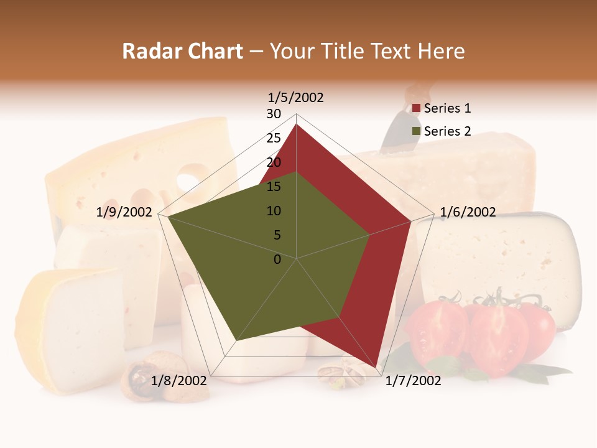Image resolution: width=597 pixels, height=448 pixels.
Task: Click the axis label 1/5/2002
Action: tap(295, 98)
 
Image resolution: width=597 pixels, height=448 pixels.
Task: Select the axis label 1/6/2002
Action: tap(468, 212)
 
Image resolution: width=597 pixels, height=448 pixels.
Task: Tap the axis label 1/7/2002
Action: tap(413, 381)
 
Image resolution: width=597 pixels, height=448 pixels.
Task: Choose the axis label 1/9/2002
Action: tap(124, 212)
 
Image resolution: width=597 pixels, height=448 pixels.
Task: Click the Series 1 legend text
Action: tap(447, 108)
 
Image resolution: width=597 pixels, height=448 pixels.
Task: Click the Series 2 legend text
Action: tap(447, 131)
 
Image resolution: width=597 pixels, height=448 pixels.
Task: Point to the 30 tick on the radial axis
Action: tap(274, 114)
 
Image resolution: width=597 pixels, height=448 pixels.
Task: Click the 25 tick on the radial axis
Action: tap(274, 138)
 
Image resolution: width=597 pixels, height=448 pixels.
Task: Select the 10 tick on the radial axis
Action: tap(274, 211)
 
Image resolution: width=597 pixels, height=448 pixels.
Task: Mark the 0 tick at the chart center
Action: tap(277, 259)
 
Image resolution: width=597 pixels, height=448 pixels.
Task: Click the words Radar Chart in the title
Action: tap(182, 51)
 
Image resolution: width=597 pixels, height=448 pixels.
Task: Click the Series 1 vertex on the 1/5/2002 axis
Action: tap(296, 124)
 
